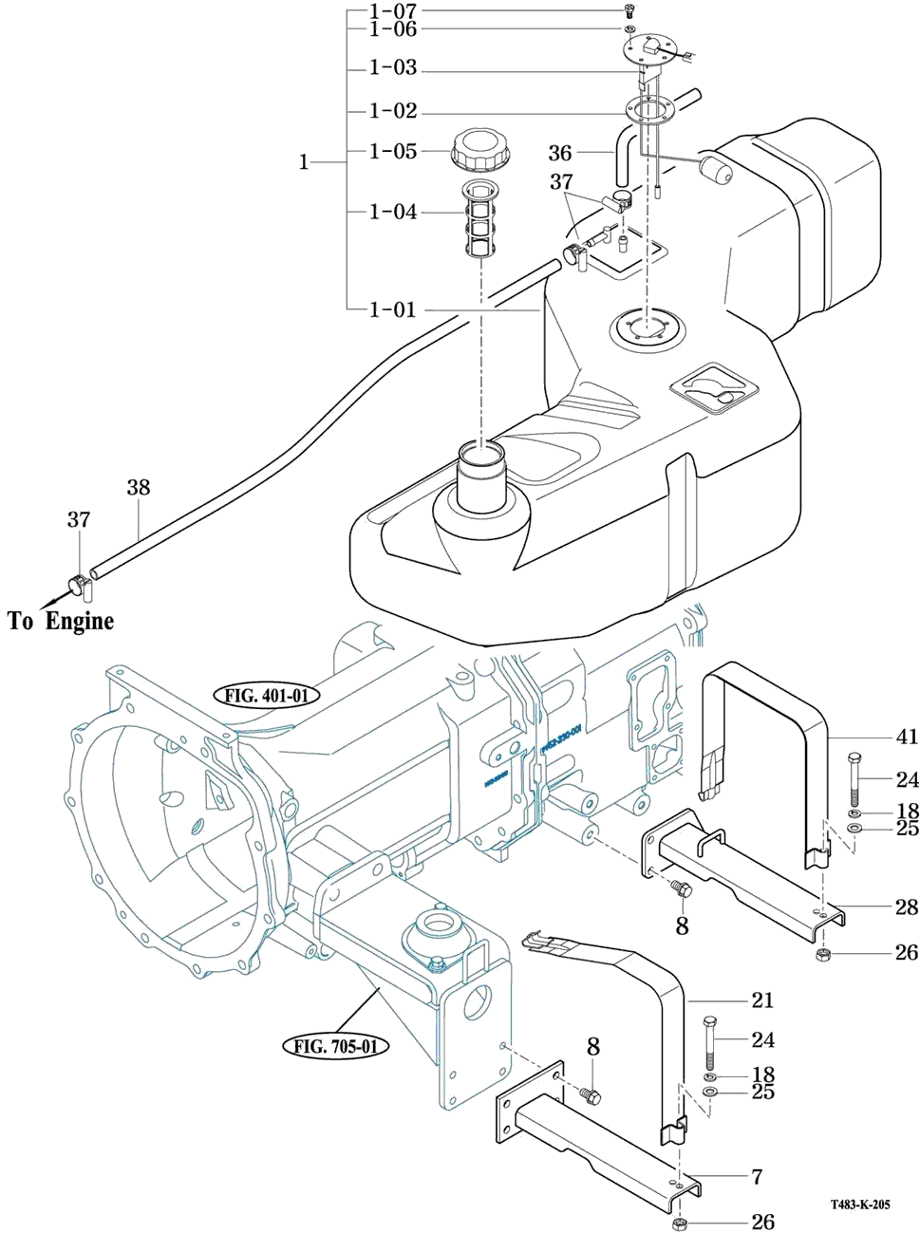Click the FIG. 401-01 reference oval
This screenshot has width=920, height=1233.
coord(267,696)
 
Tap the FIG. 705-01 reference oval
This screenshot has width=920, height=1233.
coord(336,1047)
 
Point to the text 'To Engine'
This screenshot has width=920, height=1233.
coord(61,621)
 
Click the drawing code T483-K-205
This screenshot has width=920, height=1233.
coord(860,1205)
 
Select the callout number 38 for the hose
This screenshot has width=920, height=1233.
coord(139,488)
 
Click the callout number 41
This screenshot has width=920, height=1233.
coord(907,737)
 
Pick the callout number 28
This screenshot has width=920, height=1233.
coord(907,907)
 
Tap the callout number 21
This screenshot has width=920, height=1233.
coord(762,1000)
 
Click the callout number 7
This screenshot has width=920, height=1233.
coord(757,1177)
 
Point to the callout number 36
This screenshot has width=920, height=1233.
coord(560,153)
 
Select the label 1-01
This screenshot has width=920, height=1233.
coord(393,309)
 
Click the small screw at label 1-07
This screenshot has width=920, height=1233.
coord(629,12)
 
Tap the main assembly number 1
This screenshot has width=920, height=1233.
coord(304,162)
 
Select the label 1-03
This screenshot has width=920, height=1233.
coord(393,68)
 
